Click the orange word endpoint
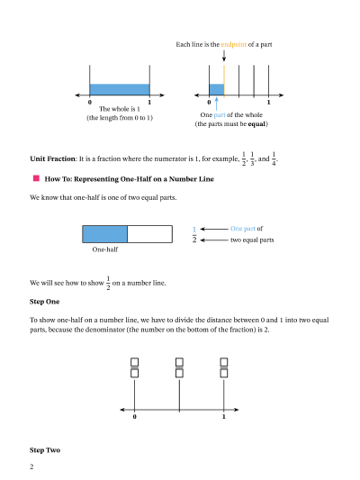234,44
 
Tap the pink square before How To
36,178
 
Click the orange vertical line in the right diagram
224,81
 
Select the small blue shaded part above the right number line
217,89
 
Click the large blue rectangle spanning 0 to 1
120,89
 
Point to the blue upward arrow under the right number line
216,104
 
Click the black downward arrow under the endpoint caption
224,56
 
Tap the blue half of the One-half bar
105,234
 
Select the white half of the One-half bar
149,234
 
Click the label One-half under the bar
105,249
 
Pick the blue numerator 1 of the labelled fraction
194,230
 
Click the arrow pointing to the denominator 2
214,240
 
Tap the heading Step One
45,302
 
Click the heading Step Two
45,450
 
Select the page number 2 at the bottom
31,466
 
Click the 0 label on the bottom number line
135,417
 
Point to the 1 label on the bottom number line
224,417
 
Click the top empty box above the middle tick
179,362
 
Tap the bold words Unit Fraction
52,158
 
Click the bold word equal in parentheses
256,124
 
